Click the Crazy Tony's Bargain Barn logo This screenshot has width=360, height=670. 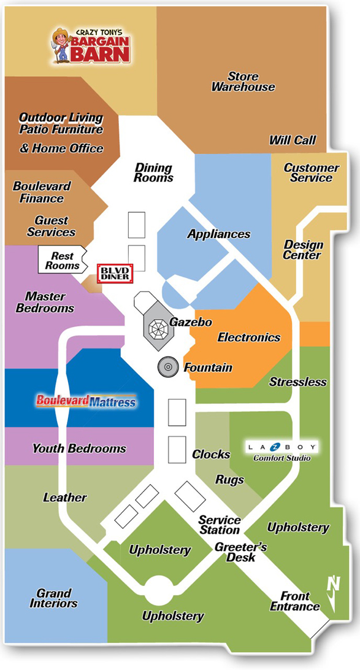pos(91,45)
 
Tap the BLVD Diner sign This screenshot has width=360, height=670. pos(115,273)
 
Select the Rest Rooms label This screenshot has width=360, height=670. pos(63,261)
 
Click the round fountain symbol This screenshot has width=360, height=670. pos(168,367)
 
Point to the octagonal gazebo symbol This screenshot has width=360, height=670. pos(159,328)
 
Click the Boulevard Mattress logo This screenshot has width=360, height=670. pos(86,401)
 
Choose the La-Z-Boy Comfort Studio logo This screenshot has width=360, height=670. pos(282,452)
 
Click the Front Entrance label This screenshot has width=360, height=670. pos(295,601)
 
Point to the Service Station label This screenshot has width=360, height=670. pos(220,525)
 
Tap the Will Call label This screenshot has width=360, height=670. pos(293,140)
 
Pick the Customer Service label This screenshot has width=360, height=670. pos(312,172)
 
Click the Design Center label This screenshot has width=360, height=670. pos(303,250)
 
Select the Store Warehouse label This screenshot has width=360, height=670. pos(243,82)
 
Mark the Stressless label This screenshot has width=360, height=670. pos(297,382)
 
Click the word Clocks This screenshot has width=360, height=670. pos(211,454)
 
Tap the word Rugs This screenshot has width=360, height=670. pos(229,479)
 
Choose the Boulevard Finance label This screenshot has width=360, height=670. pos(42,192)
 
